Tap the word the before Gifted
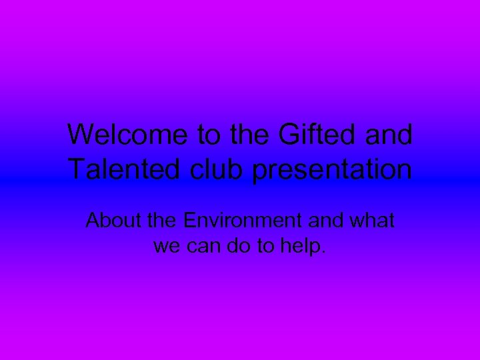point(247,135)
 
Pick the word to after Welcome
point(209,135)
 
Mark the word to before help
point(265,247)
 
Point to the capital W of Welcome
point(81,135)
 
